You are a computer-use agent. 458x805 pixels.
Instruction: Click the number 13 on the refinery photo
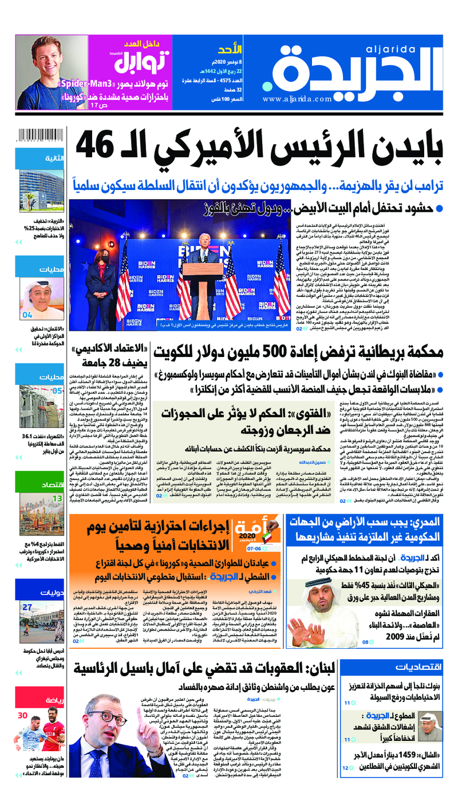pos(58,482)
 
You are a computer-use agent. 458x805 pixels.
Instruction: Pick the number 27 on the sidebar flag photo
pos(27,607)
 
